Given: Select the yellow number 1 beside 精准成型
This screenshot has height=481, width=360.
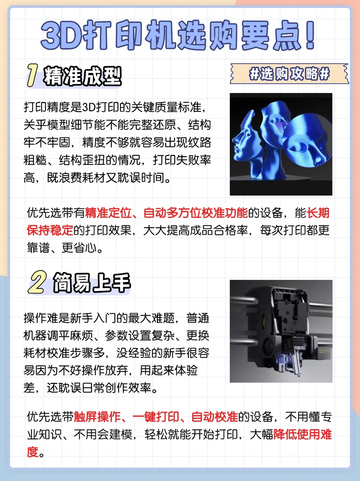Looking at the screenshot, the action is [32, 75].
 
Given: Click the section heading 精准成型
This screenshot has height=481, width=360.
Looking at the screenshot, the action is [82, 76].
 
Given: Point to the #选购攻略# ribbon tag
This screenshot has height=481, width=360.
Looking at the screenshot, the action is [289, 74].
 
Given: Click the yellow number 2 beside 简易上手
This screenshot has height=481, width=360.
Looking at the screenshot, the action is [38, 282].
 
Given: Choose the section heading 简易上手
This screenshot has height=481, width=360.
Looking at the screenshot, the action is [92, 283].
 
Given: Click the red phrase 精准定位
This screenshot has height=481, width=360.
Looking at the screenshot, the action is [108, 213].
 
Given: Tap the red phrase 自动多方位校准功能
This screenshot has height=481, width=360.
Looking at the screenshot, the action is [196, 213].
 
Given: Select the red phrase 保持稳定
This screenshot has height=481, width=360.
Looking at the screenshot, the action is [50, 230].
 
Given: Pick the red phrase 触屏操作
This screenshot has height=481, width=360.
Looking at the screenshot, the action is [97, 417].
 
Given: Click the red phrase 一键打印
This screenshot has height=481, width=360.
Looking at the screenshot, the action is [156, 417].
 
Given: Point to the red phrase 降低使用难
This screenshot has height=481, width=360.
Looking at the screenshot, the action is [303, 434].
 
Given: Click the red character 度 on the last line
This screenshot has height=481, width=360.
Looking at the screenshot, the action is [32, 452].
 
